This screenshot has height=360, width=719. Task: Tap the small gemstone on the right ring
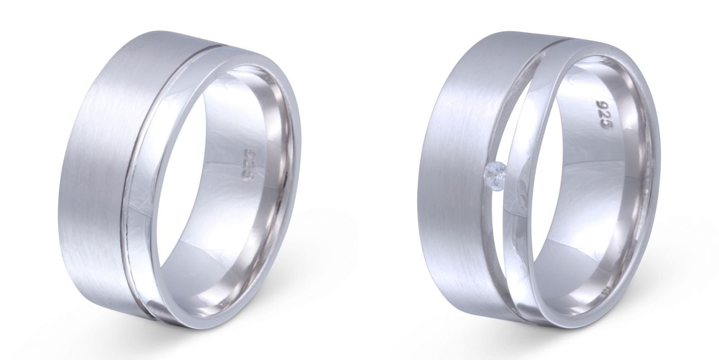[495, 170]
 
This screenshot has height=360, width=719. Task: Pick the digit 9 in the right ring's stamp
[599, 106]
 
